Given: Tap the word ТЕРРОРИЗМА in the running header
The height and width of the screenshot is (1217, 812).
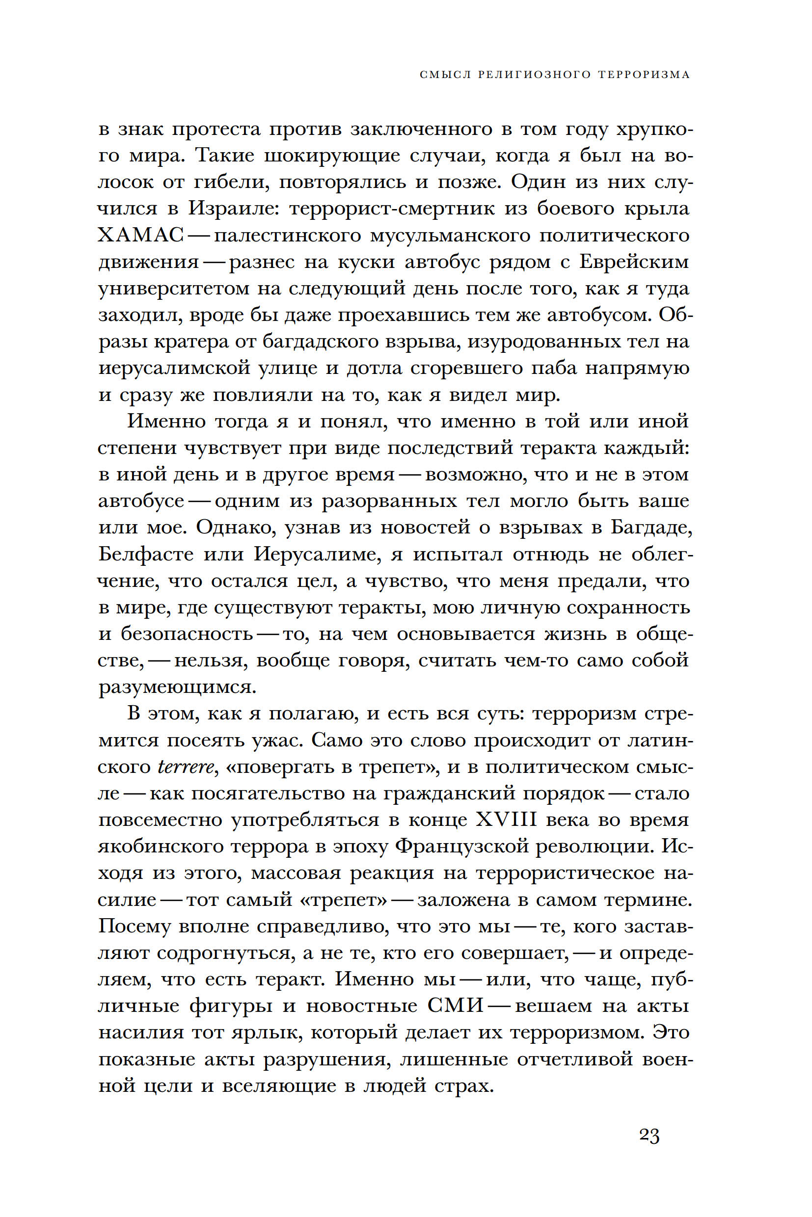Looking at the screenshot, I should (644, 75).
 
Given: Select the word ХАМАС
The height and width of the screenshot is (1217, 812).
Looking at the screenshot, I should (141, 236).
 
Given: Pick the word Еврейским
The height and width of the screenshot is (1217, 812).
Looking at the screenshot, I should (634, 262).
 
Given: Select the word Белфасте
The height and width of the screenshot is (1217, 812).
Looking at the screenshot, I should (146, 555).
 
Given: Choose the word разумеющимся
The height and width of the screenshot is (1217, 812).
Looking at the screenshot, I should (178, 688).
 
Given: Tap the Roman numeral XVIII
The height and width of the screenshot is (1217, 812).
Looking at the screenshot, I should (504, 820).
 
